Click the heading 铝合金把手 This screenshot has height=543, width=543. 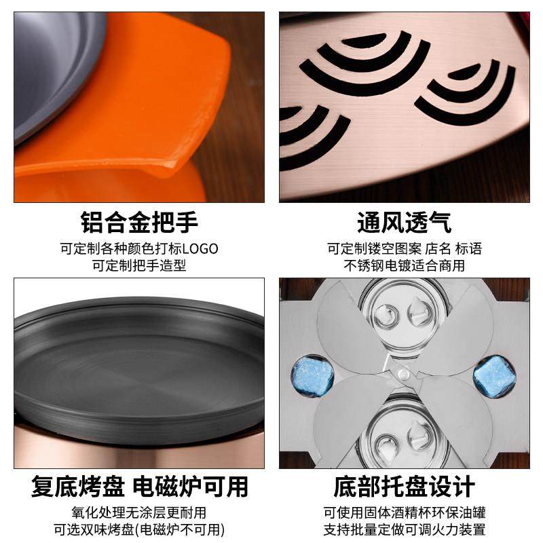[x=139, y=222]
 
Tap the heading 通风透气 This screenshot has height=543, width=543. [x=404, y=222]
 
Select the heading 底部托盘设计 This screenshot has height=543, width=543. [x=404, y=487]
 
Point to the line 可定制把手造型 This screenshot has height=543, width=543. [x=139, y=265]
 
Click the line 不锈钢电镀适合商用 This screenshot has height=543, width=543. [x=404, y=265]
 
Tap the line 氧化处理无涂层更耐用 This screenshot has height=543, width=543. [x=139, y=512]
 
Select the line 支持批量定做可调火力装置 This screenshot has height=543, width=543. [x=404, y=530]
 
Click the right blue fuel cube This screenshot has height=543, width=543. [x=493, y=374]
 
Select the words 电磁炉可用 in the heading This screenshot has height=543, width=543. [x=190, y=487]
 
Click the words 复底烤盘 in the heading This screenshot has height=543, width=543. [x=78, y=487]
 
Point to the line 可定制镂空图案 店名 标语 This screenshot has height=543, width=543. [x=404, y=248]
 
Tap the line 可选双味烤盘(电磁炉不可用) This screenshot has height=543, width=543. [x=139, y=530]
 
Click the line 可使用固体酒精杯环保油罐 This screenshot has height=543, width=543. [x=404, y=512]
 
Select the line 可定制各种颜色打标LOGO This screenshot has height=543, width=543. [x=139, y=248]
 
